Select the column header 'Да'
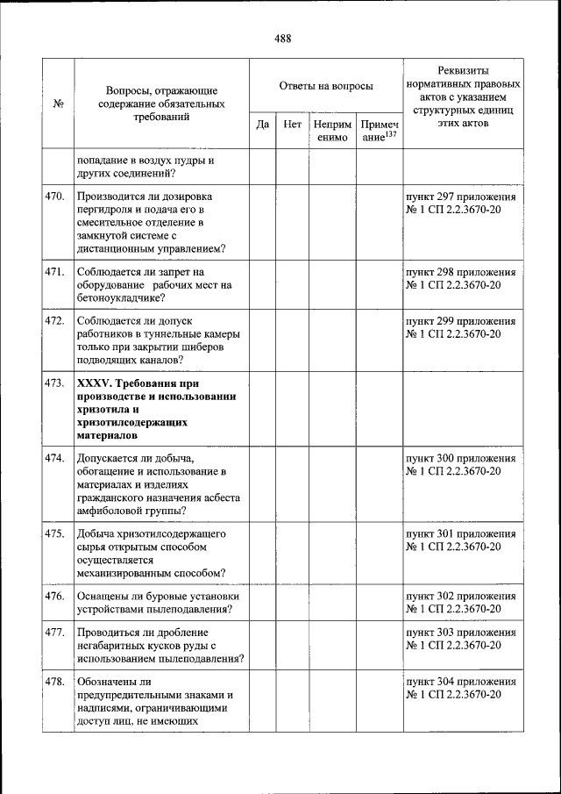coord(262,125)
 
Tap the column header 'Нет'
coord(293,125)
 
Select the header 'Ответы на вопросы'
coord(326,86)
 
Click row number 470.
coord(55,197)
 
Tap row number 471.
coord(55,272)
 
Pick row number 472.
coord(55,321)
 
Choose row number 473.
coord(55,383)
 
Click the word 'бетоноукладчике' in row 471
coord(118,297)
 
